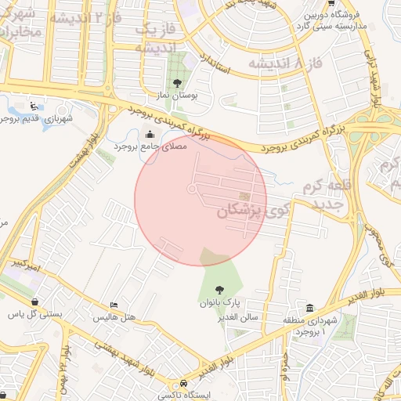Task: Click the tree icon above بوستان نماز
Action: (x=179, y=83)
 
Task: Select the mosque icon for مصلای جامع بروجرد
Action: (x=150, y=134)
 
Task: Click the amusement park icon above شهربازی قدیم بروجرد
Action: (x=32, y=107)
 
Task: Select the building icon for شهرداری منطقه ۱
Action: (x=310, y=308)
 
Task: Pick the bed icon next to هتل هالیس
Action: (x=114, y=305)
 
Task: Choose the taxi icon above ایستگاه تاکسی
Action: (x=183, y=384)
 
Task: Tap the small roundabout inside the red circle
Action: (x=192, y=189)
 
